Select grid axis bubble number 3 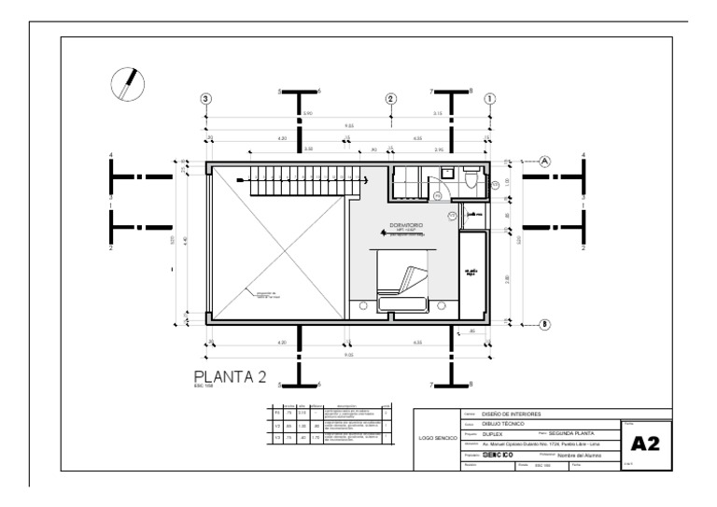coord(207,99)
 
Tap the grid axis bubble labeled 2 coord(391,99)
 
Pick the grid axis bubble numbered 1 coord(490,99)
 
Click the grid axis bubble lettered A coord(545,161)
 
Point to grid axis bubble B coord(545,324)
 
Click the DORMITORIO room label coord(406,226)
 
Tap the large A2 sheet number coord(646,444)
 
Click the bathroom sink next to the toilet coord(446,173)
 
